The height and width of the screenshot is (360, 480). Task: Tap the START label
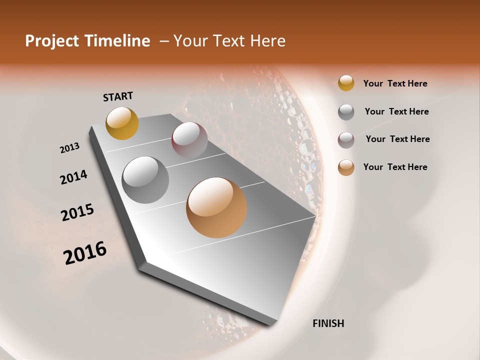tap(118, 96)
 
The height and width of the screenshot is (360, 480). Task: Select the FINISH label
tap(328, 323)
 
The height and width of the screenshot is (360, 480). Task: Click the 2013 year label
tap(69, 148)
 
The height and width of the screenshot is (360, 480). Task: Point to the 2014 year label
tap(73, 177)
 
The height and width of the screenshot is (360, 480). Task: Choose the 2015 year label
tap(77, 212)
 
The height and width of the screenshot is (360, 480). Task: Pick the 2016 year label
tap(85, 253)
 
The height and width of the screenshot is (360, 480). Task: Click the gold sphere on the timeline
tap(122, 123)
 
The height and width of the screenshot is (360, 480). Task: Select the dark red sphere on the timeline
tap(189, 139)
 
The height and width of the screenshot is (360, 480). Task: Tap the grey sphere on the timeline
tap(145, 179)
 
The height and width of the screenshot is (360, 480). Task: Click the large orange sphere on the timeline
tap(216, 207)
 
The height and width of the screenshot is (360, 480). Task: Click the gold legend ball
tap(346, 83)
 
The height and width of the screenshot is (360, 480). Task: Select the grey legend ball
tap(346, 112)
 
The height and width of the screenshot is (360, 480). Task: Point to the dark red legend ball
tap(346, 140)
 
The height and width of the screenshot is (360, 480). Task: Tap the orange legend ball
tap(346, 167)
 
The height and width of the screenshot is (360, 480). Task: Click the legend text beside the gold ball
tap(395, 83)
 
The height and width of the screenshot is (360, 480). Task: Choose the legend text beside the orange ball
tap(395, 167)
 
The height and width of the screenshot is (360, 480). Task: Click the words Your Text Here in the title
tap(229, 41)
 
